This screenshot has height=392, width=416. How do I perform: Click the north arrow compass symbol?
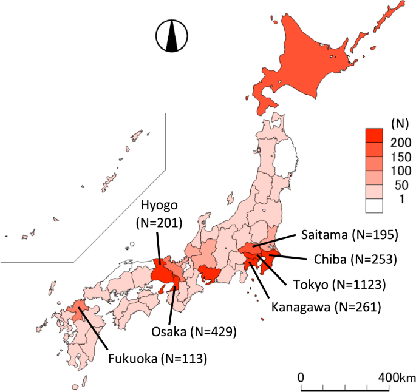click(171, 36)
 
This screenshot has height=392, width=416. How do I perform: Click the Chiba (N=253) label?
click(355, 259)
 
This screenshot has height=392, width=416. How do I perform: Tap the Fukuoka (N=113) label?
click(157, 358)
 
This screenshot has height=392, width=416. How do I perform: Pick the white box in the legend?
click(374, 206)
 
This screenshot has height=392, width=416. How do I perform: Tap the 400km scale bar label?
click(392, 376)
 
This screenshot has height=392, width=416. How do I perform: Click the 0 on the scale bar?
click(301, 376)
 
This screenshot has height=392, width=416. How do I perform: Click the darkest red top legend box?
click(374, 135)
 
